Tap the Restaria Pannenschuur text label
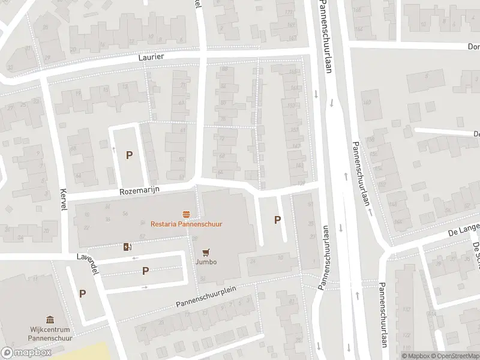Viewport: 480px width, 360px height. [186, 224]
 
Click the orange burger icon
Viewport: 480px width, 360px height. [186, 214]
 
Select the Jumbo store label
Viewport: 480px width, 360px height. [205, 262]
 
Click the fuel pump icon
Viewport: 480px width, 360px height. [127, 247]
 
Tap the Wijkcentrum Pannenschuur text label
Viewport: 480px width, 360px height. [50, 334]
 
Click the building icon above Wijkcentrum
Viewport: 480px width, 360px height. [50, 320]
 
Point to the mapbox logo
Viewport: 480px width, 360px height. [26, 353]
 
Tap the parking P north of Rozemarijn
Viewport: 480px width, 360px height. [129, 155]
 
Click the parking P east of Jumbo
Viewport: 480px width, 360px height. [277, 220]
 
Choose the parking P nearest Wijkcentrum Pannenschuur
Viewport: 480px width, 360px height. [82, 294]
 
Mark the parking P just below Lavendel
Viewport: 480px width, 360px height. [145, 271]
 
